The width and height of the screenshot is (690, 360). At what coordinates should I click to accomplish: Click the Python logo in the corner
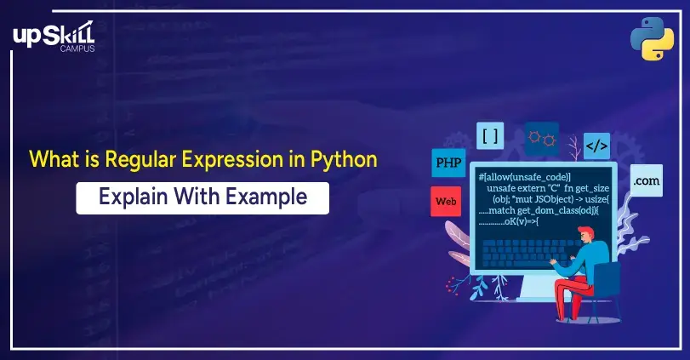pos(653,38)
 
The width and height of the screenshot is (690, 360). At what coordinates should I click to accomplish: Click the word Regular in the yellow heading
pos(140,159)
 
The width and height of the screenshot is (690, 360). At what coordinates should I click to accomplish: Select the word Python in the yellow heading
pos(344,159)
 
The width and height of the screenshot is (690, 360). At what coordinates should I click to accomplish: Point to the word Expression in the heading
pos(232,160)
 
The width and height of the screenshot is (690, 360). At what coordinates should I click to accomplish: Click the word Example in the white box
pos(266,197)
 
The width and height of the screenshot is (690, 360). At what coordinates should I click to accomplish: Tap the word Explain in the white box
pos(134,197)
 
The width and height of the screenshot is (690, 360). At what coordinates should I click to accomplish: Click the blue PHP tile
pos(448,163)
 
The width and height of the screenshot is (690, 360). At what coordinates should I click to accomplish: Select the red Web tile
pos(446,202)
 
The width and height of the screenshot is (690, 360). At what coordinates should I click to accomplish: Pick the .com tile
pos(647,180)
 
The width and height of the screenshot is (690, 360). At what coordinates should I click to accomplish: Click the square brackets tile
pos(490,136)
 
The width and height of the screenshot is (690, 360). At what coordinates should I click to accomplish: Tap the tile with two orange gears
pos(542,139)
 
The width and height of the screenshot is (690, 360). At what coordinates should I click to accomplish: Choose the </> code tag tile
pos(596,146)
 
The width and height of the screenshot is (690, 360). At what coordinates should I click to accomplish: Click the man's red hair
pos(586,231)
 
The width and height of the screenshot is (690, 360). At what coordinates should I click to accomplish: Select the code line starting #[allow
pos(525,177)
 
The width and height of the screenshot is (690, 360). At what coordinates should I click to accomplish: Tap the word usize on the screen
pos(596,199)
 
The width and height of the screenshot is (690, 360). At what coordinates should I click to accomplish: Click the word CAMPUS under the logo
pos(77,49)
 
